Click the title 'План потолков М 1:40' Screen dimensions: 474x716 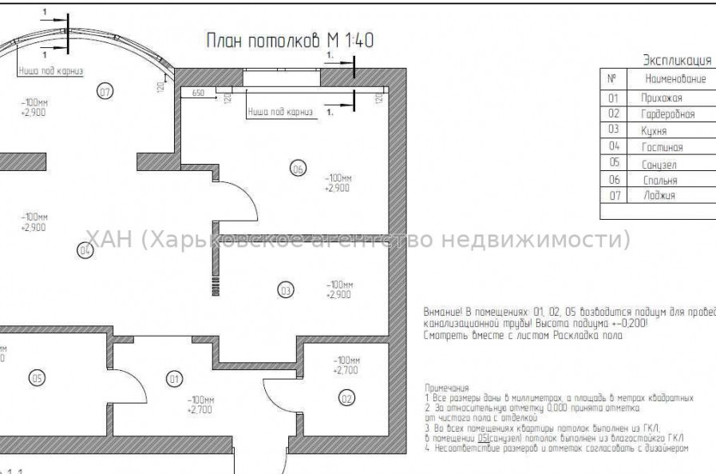[290, 41]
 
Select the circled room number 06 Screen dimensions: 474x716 [297, 169]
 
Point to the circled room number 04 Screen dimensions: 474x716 [85, 251]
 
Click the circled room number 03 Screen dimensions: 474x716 [285, 290]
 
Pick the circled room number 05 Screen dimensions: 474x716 [36, 378]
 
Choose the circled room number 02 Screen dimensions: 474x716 [346, 397]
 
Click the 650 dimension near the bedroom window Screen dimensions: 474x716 [198, 94]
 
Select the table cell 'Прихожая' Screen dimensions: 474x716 [661, 98]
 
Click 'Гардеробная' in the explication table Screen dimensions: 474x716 [667, 114]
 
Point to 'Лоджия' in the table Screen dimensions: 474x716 [659, 196]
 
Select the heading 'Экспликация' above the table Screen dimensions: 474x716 [677, 60]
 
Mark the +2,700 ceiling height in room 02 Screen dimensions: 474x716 [345, 371]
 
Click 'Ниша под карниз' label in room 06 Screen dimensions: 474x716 [280, 112]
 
